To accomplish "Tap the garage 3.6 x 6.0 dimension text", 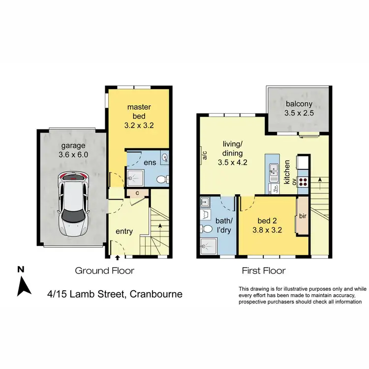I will (x=72, y=150).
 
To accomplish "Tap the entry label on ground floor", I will (x=124, y=231).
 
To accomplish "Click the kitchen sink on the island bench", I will (x=274, y=172).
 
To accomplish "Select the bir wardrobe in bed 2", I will (x=302, y=216).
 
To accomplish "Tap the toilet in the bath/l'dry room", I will (x=207, y=229).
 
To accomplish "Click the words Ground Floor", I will (x=104, y=270).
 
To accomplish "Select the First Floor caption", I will (x=263, y=270).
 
